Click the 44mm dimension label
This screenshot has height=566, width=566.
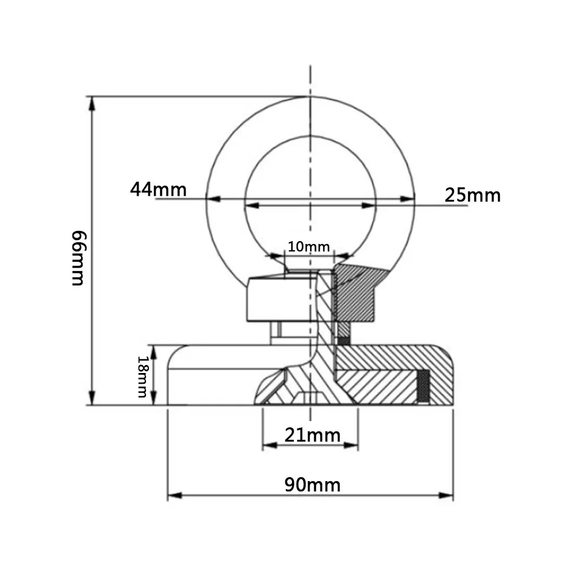click(158, 190)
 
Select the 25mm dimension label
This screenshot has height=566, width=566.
click(473, 195)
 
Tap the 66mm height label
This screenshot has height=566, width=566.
click(79, 258)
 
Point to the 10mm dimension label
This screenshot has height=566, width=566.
click(308, 247)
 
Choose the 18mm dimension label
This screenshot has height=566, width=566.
click(143, 377)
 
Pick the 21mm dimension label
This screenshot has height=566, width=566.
click(312, 435)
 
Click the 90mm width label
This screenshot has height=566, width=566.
click(312, 485)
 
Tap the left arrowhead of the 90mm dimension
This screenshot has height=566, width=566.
click(175, 495)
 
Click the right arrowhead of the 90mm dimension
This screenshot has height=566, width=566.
click(446, 495)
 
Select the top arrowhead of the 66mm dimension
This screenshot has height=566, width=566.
click(92, 104)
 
